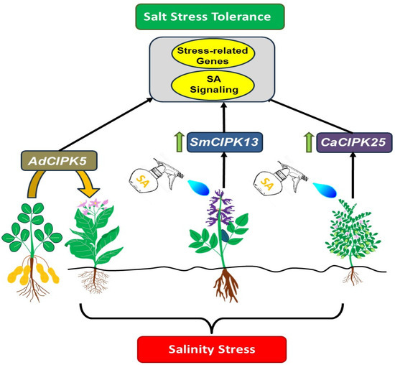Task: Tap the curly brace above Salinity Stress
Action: click(x=210, y=319)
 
